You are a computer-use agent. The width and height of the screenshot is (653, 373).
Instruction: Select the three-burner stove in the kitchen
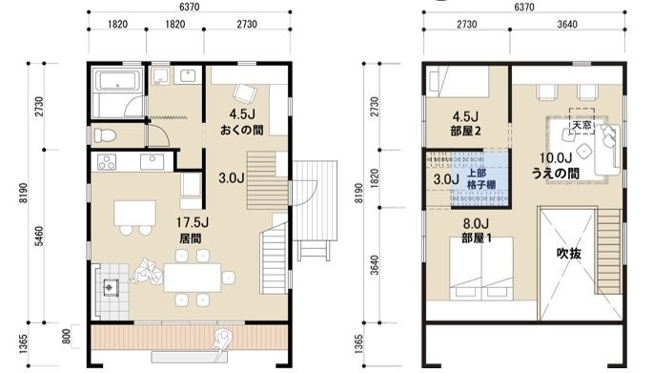pos(107,162)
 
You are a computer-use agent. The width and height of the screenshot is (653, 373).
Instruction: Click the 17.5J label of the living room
pos(192,222)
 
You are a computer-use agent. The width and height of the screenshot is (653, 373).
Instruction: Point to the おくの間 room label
pos(242,130)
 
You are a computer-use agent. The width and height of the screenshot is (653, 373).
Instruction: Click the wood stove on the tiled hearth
pos(111,287)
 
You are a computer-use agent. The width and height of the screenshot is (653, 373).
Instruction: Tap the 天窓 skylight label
pos(582,125)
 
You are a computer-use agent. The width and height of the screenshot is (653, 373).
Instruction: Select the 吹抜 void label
pos(569,253)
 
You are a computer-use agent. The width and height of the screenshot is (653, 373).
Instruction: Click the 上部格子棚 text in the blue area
pos(481,178)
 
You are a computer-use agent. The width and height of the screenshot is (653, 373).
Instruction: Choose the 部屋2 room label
pos(466,131)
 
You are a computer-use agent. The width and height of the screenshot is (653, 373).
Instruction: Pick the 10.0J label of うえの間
pos(556,158)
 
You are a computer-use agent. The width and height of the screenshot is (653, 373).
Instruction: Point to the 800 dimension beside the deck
pos(66,337)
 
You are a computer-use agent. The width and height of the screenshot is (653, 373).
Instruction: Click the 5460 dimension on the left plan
pos(38,237)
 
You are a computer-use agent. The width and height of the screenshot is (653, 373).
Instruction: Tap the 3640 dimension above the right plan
pos(567,24)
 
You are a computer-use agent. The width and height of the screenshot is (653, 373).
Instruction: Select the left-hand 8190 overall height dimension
pos(23,193)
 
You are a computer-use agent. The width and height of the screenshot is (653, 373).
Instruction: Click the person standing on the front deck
pos(222,340)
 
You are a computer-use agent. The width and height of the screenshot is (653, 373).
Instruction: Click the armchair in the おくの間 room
pos(244,93)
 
